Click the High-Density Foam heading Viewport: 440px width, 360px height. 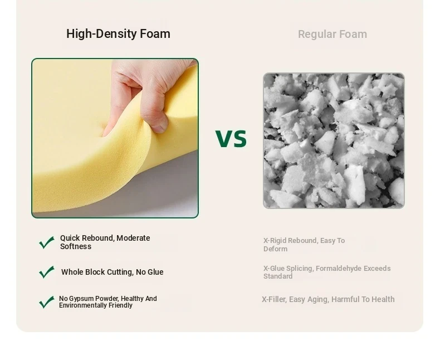pos(118,33)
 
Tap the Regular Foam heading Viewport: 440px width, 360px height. pos(333,34)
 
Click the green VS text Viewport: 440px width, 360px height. pos(231,138)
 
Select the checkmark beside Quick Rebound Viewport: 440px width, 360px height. pos(47,242)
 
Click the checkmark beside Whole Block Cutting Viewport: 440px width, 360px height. pos(47,272)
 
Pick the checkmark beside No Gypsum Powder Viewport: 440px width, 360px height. pos(47,302)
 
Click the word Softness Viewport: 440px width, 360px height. pos(76,246)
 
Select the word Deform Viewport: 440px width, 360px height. pos(275,249)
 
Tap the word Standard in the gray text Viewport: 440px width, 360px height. pos(278,276)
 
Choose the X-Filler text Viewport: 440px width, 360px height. pos(274,300)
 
